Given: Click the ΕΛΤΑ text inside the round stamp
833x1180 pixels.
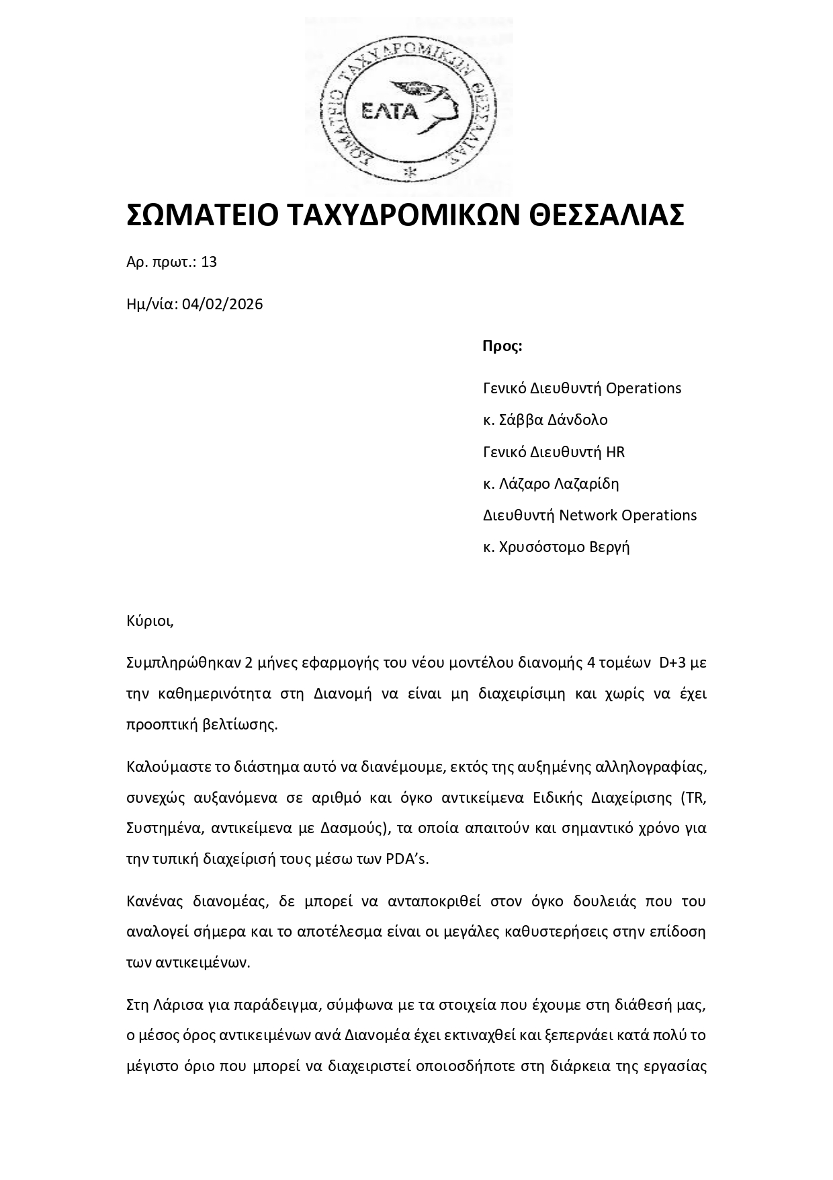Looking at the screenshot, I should (390, 112).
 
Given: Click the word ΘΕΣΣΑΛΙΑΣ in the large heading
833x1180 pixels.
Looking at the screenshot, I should (607, 215).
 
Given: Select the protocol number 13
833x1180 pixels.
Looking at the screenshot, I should (209, 262).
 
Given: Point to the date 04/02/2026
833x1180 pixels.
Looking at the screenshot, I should (222, 305).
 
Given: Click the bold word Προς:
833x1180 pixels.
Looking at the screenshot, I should (502, 346).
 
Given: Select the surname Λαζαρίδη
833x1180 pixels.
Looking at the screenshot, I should (585, 483).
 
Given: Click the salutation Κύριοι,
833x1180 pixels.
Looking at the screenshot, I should (150, 621).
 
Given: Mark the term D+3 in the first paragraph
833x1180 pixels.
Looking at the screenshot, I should (672, 663).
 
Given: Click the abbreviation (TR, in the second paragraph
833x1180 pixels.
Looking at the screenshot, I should (693, 798).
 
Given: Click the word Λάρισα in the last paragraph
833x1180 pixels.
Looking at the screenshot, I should (177, 1005).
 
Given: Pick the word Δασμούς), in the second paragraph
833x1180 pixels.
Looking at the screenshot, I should (354, 828).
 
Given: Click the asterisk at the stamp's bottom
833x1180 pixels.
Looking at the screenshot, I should (409, 173).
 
